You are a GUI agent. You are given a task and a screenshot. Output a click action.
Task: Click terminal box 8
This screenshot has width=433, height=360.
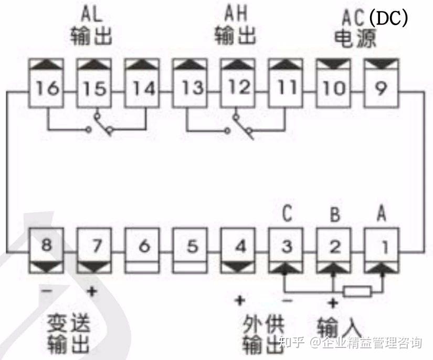pos(47,245)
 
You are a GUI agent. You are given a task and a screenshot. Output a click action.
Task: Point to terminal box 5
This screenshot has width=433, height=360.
pos(191,245)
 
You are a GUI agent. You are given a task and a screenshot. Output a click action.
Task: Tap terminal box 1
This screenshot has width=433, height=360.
pos(382,245)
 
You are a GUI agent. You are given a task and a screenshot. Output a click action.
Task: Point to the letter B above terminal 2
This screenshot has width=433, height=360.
pos(334,216)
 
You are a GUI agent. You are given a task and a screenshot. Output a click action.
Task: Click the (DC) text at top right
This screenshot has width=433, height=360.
pos(388,19)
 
